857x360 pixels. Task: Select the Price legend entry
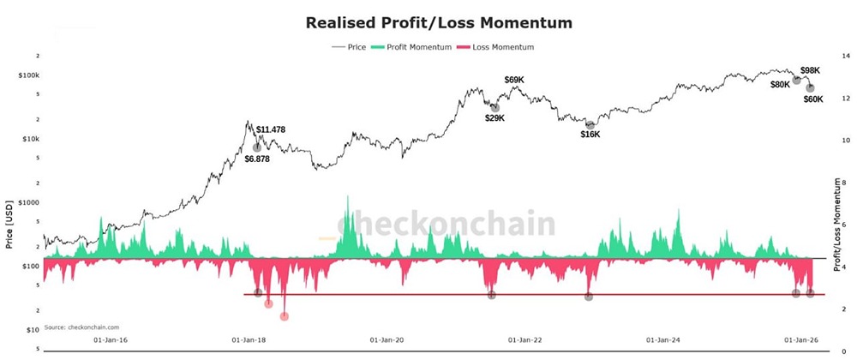(353, 47)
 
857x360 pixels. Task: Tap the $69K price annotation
(514, 80)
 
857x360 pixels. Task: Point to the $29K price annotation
(494, 118)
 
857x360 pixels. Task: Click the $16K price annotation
(590, 135)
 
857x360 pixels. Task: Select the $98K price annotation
(810, 70)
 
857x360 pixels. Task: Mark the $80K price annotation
(780, 85)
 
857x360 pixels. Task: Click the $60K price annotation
(813, 99)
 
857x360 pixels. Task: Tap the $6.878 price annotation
(257, 159)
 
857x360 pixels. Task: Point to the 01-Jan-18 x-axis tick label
(249, 339)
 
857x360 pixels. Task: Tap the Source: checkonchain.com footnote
(82, 327)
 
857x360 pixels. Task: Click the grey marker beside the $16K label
(590, 125)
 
